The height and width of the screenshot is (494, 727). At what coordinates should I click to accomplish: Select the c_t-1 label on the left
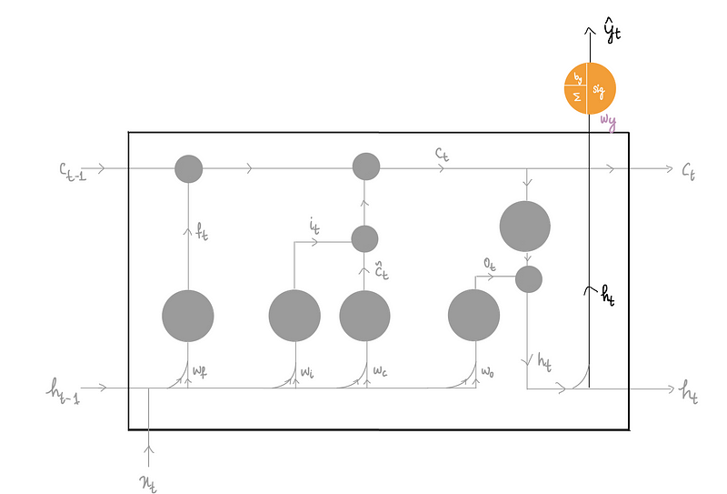[74, 168]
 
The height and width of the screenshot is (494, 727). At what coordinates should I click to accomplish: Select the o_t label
[491, 263]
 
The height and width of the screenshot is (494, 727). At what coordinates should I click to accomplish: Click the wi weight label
[308, 371]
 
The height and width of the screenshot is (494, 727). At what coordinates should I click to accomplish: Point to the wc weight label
[379, 371]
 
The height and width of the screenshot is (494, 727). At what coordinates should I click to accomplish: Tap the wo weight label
[487, 371]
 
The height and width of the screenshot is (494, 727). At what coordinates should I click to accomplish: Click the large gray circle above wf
[188, 316]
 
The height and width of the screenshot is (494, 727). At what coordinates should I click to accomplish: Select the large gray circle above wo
[474, 316]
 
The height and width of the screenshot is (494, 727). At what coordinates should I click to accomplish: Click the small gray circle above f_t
[188, 168]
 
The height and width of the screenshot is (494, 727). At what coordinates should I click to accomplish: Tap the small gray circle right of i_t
[364, 239]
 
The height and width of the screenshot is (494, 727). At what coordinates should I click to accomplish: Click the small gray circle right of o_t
[529, 279]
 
